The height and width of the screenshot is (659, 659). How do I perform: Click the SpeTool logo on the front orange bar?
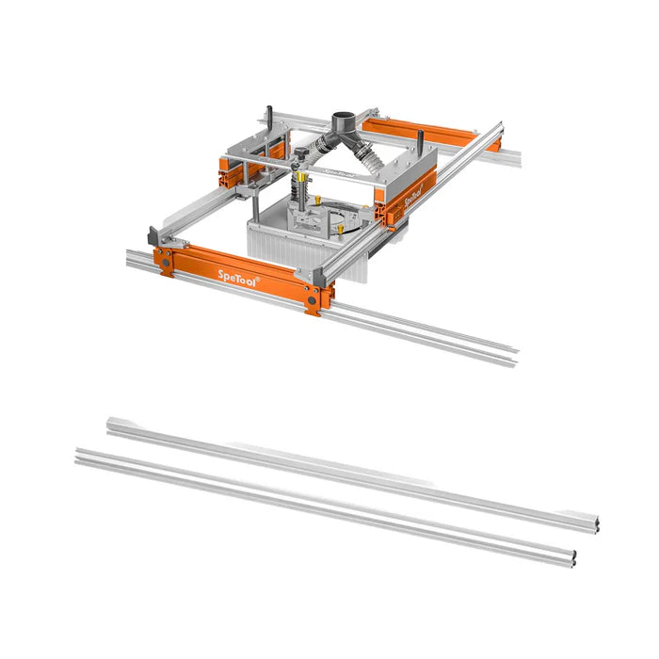[237, 278]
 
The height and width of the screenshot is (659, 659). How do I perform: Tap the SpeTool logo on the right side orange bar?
[413, 194]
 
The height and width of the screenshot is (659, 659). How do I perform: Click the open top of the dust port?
[345, 116]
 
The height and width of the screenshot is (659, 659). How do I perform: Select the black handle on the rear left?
[270, 116]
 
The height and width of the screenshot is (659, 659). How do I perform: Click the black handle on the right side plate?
[420, 139]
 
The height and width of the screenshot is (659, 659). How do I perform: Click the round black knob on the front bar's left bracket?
[166, 263]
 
